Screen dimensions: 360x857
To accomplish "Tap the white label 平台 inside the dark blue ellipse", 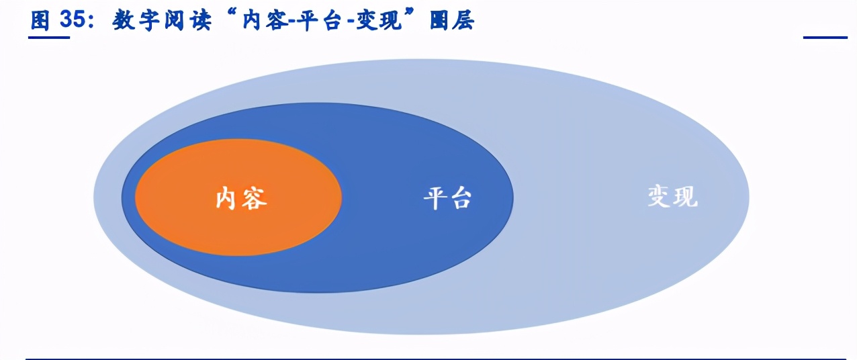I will tap(447, 198).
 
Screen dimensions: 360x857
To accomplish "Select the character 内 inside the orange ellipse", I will tap(228, 198).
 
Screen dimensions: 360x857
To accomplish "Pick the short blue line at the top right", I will tap(825, 38).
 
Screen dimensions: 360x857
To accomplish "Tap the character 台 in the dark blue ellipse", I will tap(461, 198).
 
